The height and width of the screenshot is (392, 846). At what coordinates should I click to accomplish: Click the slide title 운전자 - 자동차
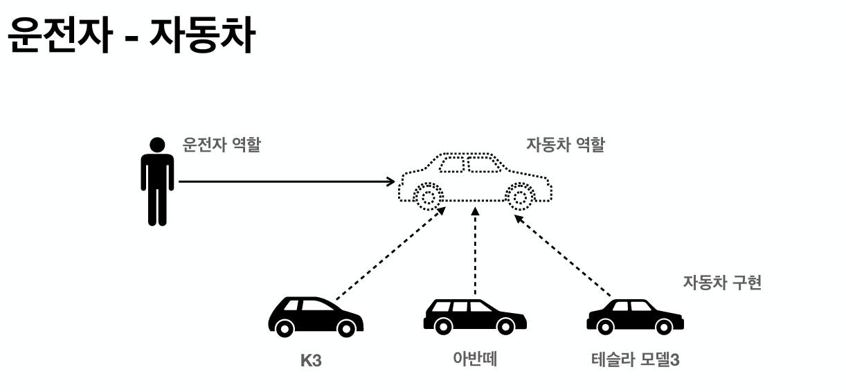click(x=132, y=39)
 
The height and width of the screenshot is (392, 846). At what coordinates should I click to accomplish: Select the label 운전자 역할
click(x=222, y=145)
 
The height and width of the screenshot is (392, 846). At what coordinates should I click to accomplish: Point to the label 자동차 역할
click(x=566, y=145)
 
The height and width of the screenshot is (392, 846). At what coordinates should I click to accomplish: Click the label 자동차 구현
click(x=722, y=283)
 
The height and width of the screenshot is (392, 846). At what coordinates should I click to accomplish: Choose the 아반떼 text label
click(x=475, y=359)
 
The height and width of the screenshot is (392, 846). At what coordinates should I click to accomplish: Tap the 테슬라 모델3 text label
click(x=635, y=360)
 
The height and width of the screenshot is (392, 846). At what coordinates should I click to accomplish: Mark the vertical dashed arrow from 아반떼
click(x=475, y=249)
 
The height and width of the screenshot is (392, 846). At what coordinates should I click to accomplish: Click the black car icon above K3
click(x=316, y=317)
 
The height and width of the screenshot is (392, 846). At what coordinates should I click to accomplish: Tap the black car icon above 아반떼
click(x=475, y=315)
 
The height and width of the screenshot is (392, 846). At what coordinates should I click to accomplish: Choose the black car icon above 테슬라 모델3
click(x=635, y=316)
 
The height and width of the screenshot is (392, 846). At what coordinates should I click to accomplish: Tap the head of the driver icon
click(x=158, y=145)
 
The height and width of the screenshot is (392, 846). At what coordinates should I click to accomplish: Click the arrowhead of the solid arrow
click(x=390, y=181)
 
